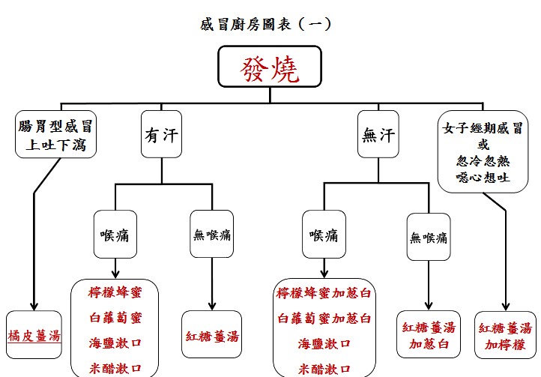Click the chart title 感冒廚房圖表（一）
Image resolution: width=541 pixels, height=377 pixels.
(x=266, y=24)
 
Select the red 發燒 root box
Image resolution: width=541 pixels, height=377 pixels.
(x=270, y=69)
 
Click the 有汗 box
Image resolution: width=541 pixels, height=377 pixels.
(x=161, y=136)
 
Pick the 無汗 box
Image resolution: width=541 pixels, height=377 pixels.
(x=377, y=136)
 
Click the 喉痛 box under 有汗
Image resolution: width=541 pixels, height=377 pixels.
(x=115, y=235)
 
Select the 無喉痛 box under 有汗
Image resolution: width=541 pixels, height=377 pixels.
(x=212, y=235)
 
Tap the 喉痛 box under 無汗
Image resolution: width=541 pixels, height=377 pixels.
(x=323, y=235)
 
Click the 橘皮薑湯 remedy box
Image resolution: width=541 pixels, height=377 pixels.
(x=34, y=335)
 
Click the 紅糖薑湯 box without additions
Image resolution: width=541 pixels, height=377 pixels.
(x=212, y=335)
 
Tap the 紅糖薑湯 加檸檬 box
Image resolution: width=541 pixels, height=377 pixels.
(x=505, y=336)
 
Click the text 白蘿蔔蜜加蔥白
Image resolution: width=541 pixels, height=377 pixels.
(x=324, y=319)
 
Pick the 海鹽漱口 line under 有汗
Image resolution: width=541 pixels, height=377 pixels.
(x=115, y=343)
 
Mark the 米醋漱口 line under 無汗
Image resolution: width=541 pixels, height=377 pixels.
(x=324, y=368)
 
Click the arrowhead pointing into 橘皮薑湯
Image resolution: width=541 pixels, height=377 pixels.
(x=34, y=305)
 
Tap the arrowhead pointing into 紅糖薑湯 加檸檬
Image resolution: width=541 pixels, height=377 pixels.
(x=506, y=307)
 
